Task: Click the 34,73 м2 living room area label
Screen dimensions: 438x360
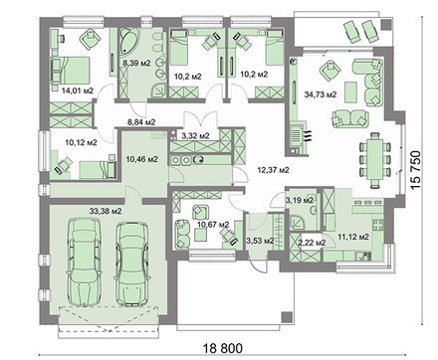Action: click(321, 94)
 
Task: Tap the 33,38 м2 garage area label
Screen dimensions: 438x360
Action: click(106, 211)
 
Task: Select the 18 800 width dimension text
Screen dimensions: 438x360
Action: click(223, 348)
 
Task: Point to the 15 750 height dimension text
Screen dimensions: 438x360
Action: click(415, 170)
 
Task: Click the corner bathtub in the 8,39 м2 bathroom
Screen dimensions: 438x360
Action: click(128, 42)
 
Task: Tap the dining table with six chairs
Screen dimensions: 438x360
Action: click(375, 161)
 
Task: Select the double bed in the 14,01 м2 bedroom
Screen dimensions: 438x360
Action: click(70, 70)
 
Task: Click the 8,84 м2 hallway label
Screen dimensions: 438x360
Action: click(141, 122)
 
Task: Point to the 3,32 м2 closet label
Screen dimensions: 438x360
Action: click(195, 135)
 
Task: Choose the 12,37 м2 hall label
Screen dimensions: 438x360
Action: click(273, 170)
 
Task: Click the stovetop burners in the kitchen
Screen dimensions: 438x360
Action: click(378, 225)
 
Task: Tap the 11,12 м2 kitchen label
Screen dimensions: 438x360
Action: click(353, 237)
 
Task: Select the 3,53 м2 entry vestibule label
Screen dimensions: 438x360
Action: click(260, 241)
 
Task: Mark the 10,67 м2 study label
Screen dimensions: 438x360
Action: click(213, 225)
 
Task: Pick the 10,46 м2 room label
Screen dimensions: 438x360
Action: click(141, 159)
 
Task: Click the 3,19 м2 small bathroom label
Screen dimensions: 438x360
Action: click(300, 200)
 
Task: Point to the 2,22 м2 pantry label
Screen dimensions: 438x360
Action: click(311, 243)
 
